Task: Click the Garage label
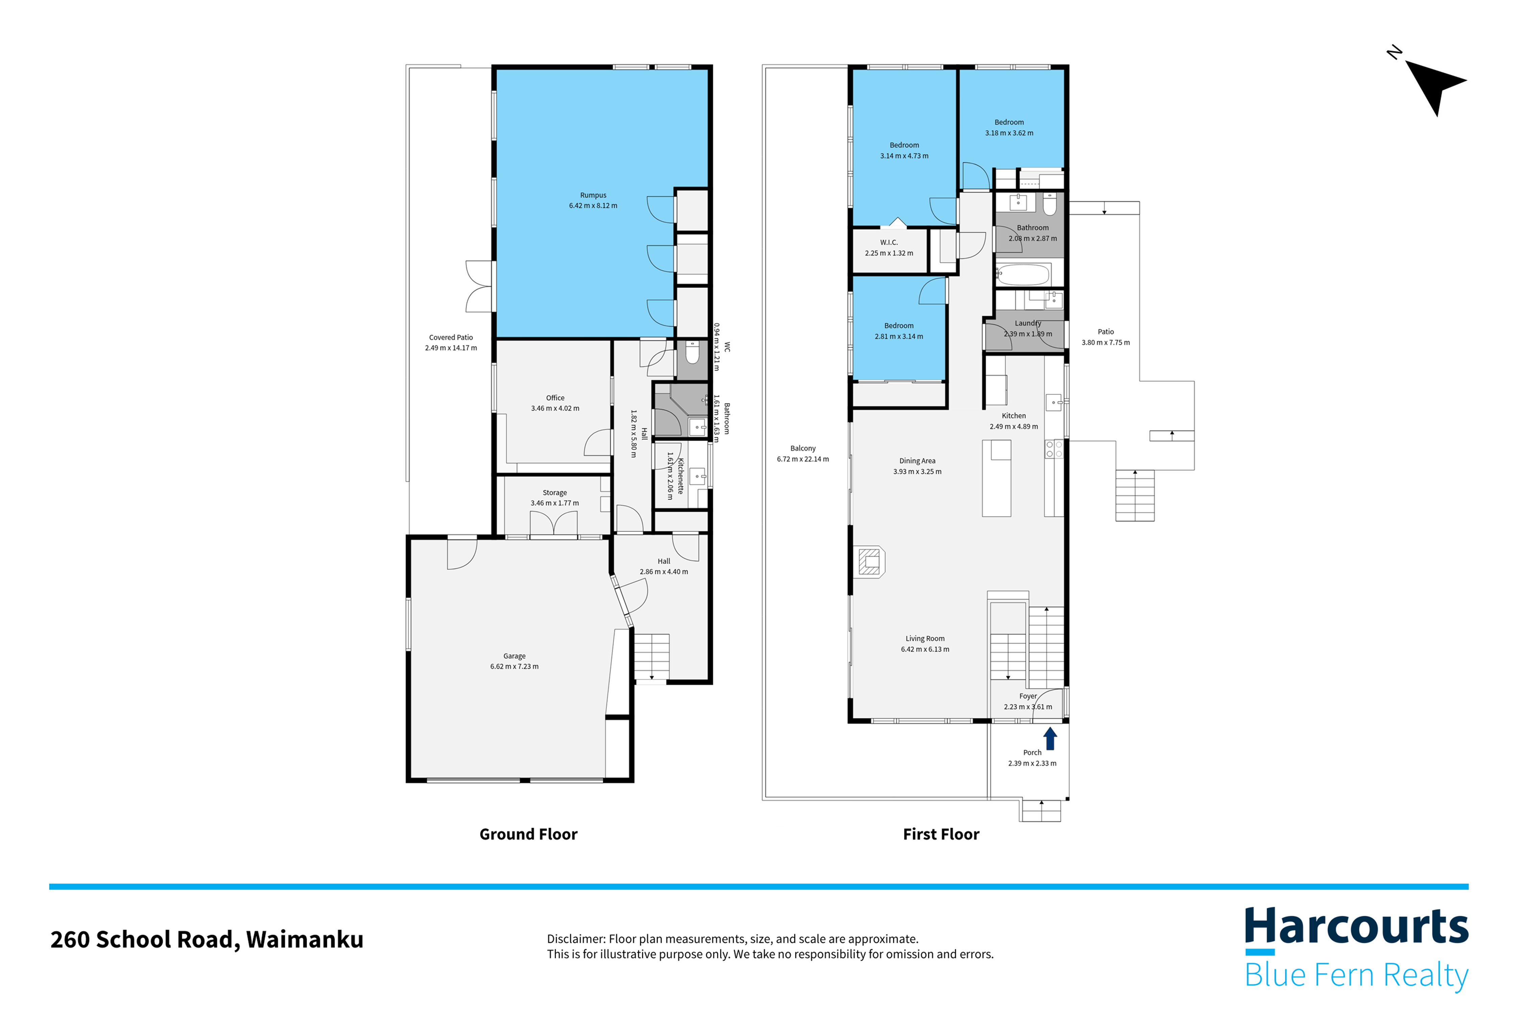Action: (514, 656)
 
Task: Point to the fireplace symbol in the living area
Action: (870, 561)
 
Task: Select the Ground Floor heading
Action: (528, 834)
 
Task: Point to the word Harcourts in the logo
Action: (1356, 927)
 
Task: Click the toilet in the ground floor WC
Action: (692, 352)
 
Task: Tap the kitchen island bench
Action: (996, 478)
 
